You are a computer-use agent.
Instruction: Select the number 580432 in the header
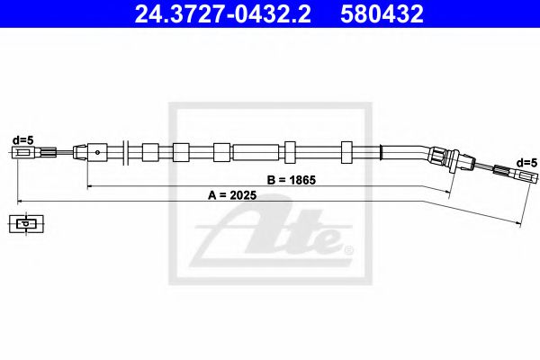pyautogui.click(x=384, y=13)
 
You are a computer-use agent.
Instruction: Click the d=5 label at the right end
pyautogui.click(x=526, y=161)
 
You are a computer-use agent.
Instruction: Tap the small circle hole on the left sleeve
pyautogui.click(x=96, y=151)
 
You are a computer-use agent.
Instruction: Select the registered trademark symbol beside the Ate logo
pyautogui.click(x=348, y=247)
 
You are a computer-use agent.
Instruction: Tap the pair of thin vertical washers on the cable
pyautogui.click(x=128, y=150)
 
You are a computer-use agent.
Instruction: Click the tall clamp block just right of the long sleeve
pyautogui.click(x=290, y=150)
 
